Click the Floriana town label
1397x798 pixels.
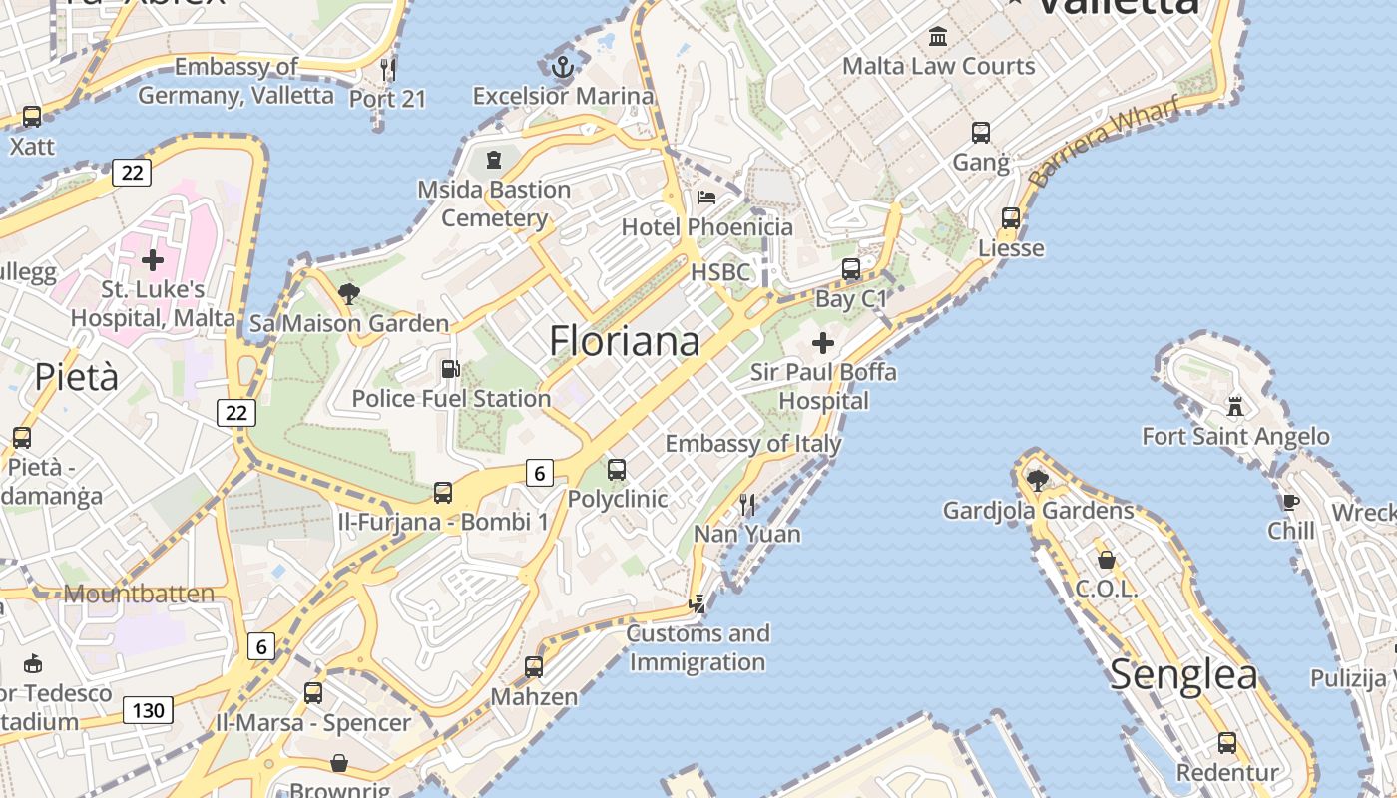click(x=625, y=341)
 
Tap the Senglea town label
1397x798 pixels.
click(x=1183, y=674)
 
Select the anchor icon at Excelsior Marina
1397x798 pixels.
click(x=563, y=68)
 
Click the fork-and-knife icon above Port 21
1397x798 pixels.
click(x=388, y=69)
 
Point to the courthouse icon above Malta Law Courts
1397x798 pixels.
click(x=938, y=37)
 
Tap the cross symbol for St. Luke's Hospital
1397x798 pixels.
click(x=153, y=261)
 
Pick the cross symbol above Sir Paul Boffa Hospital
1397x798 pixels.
click(x=823, y=344)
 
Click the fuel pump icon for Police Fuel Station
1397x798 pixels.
click(x=451, y=369)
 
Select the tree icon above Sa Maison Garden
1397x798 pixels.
click(x=349, y=294)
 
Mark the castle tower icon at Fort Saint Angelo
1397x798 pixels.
click(x=1235, y=407)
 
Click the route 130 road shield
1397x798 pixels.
click(x=148, y=710)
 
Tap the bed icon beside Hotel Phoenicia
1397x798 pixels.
click(x=706, y=198)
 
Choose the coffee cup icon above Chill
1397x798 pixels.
click(x=1290, y=501)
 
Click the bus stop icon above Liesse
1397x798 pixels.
click(x=1011, y=218)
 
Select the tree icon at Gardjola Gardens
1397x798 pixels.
click(x=1038, y=481)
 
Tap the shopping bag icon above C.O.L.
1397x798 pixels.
click(x=1106, y=560)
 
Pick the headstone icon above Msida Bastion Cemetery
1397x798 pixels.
click(x=493, y=160)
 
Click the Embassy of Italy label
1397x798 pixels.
click(x=753, y=444)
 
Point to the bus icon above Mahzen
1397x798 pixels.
click(x=534, y=667)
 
